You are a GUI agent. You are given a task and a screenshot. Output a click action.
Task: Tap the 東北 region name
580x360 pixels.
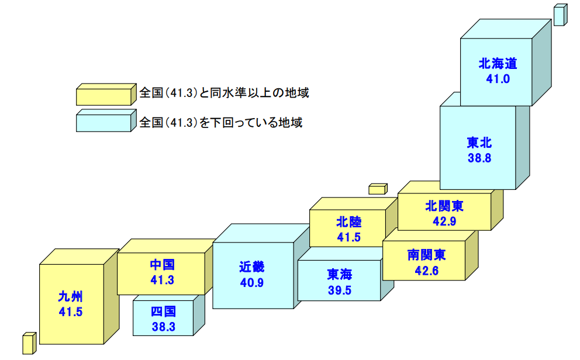click(479, 143)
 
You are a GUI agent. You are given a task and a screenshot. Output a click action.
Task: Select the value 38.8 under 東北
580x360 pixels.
click(479, 158)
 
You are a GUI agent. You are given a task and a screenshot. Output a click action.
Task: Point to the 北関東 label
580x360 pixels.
click(444, 206)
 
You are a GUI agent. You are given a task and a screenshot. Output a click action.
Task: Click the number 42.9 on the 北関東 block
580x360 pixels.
click(444, 221)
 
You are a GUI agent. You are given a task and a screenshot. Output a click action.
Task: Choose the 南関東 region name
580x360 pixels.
click(426, 255)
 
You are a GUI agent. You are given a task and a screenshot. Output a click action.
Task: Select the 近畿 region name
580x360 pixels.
click(251, 267)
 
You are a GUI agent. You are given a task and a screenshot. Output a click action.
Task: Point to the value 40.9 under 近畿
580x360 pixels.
click(251, 282)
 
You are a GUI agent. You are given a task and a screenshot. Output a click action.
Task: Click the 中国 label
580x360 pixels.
click(162, 265)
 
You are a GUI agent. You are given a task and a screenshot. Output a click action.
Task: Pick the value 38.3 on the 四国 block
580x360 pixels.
click(163, 327)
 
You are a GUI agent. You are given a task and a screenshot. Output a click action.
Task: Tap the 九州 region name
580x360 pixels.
click(70, 296)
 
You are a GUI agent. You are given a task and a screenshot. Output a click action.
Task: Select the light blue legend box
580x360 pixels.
click(104, 122)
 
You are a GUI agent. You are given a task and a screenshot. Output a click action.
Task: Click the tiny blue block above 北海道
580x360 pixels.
click(559, 15)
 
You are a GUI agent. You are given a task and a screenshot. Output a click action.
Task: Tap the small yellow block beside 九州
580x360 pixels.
click(28, 344)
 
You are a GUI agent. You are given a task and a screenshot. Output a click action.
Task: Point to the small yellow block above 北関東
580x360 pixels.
click(378, 189)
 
